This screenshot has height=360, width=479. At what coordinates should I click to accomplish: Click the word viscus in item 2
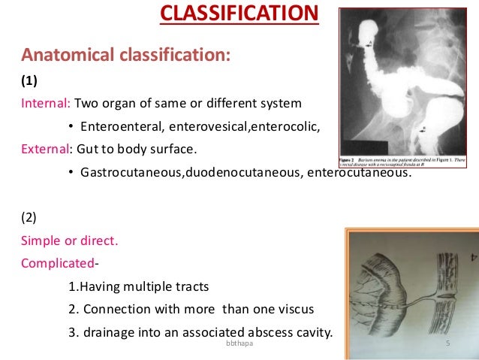point(294,310)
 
